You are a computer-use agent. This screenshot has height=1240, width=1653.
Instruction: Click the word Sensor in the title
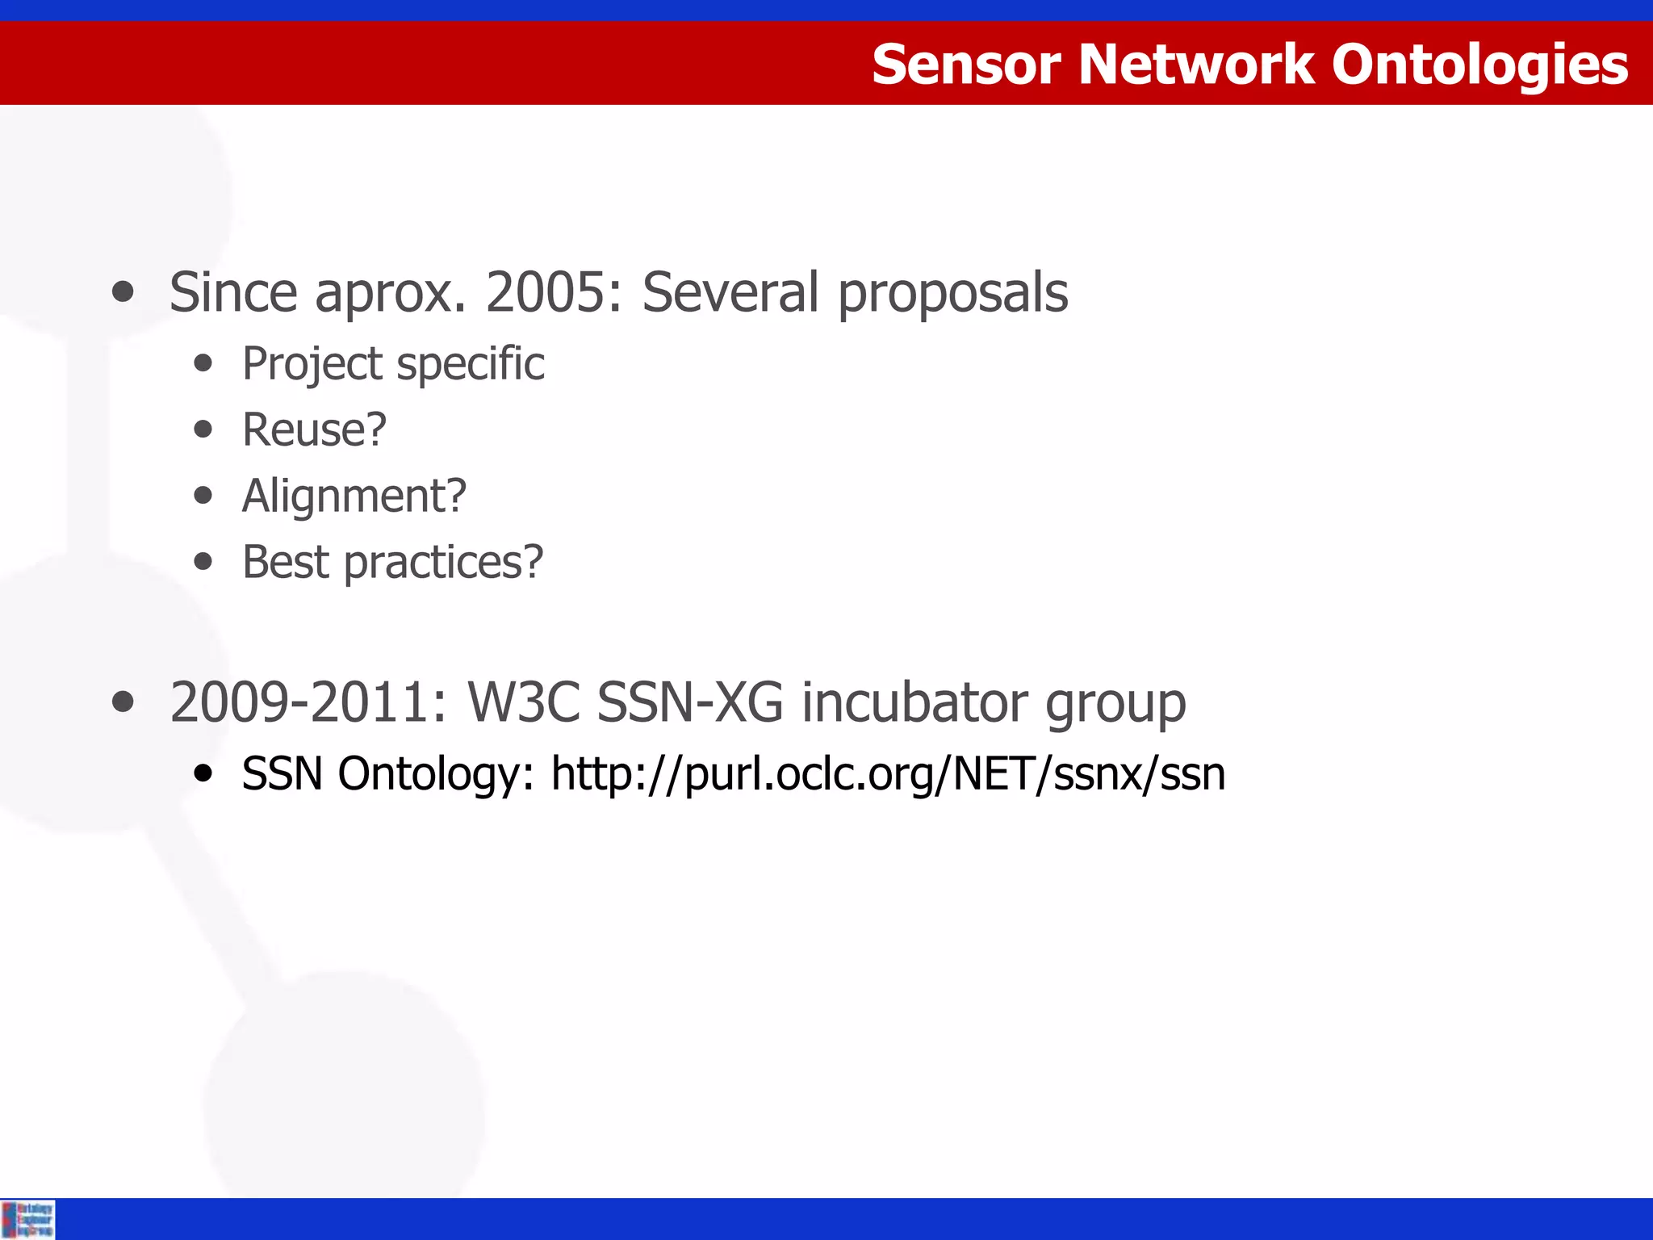(x=966, y=65)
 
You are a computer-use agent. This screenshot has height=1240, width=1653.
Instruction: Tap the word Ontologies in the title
(x=1479, y=65)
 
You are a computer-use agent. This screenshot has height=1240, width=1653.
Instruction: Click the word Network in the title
(x=1196, y=65)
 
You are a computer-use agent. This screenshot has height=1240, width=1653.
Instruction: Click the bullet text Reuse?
(x=314, y=429)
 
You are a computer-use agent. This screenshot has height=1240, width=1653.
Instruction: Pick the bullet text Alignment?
(x=354, y=496)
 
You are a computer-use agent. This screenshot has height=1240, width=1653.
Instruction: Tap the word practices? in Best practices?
(x=443, y=563)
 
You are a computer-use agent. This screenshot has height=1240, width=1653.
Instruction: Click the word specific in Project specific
(x=471, y=364)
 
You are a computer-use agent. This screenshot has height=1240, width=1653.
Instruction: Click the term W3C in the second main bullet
(x=524, y=702)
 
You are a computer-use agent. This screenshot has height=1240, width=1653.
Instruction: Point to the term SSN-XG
(x=690, y=702)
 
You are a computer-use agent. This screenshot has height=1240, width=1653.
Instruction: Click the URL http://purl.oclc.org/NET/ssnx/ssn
(x=888, y=774)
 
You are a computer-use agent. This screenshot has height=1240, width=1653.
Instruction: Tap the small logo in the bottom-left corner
(x=27, y=1219)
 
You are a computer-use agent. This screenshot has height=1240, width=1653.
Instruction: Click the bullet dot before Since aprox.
(x=123, y=292)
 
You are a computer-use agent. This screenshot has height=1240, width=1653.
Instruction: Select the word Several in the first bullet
(x=730, y=292)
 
